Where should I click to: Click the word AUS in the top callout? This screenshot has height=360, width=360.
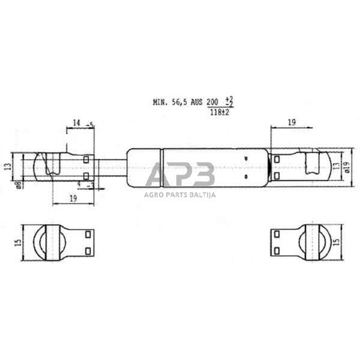[x=197, y=103]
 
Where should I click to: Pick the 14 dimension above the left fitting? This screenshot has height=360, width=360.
[x=76, y=124]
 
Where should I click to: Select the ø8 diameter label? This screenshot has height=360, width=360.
[x=19, y=185]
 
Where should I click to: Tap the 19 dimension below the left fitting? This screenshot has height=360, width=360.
[x=73, y=198]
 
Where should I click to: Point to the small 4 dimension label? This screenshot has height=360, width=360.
[x=79, y=184]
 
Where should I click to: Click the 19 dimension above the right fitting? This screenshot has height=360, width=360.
[x=291, y=122]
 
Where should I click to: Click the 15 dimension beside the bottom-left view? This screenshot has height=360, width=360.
[x=18, y=242]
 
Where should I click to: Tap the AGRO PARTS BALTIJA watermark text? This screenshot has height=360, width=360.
[x=179, y=194]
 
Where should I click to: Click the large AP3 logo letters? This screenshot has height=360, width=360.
[x=179, y=175]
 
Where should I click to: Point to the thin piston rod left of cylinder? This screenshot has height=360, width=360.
[x=110, y=167]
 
